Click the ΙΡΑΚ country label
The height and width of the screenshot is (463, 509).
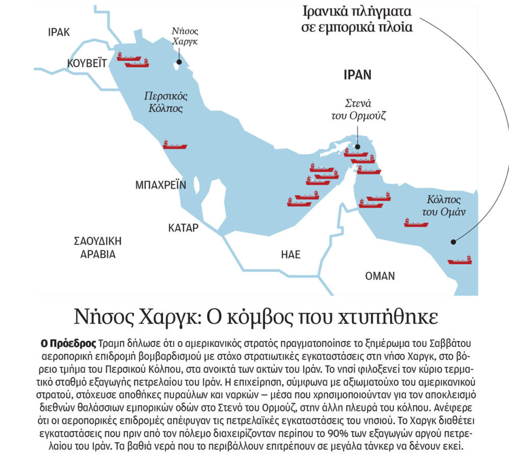(58, 32)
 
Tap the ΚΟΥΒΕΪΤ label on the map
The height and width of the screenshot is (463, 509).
(87, 64)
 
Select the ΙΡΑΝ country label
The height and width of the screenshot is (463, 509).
(357, 75)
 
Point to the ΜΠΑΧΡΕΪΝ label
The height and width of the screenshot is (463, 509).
(161, 185)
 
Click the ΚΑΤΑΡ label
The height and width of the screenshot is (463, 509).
(183, 228)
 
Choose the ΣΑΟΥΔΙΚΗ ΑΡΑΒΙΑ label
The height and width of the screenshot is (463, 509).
(98, 247)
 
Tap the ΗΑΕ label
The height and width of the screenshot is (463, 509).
(291, 255)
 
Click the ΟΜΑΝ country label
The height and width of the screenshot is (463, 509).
(380, 276)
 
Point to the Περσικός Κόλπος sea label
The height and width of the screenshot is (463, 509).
(166, 102)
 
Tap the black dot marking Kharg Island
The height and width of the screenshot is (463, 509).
(179, 62)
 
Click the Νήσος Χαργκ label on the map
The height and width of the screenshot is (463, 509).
(185, 36)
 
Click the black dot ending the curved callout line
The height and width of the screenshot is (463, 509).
(453, 242)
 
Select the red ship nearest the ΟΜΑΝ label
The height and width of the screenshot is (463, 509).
(459, 260)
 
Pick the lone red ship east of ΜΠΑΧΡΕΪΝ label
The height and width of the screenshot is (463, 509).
(175, 145)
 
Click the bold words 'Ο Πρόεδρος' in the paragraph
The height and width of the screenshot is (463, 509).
(69, 342)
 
